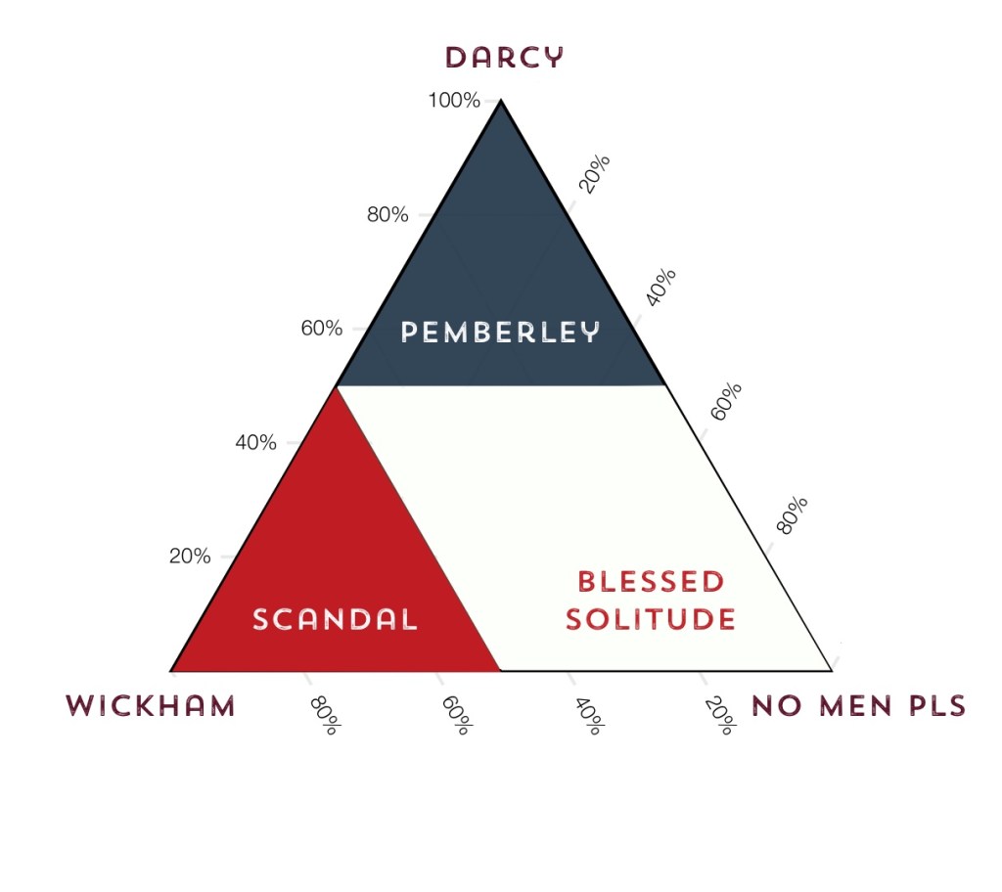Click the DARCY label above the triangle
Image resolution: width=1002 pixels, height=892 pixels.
505,58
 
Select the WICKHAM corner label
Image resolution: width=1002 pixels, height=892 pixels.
151,706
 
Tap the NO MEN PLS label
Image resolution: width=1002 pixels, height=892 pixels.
858,706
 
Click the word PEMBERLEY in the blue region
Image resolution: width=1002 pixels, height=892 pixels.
501,333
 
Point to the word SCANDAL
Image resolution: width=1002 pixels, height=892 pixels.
336,619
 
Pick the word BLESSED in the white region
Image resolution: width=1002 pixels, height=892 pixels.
651,582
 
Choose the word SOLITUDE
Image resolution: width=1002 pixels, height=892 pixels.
651,619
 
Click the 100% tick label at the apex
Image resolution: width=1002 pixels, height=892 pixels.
453,100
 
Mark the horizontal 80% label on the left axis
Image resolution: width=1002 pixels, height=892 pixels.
387,214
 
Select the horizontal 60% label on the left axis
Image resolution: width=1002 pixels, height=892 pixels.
321,329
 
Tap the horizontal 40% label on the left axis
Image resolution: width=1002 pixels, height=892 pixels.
255,442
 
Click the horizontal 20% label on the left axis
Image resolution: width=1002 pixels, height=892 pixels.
190,557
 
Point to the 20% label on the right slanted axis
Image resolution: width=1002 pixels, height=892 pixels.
594,174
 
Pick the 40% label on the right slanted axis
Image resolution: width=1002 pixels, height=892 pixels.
660,288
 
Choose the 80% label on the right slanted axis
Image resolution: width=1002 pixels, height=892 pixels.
793,515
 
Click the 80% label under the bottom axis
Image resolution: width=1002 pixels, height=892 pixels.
324,716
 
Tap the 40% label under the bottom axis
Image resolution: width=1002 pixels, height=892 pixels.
587,716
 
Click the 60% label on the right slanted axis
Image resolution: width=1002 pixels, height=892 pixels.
726,402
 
